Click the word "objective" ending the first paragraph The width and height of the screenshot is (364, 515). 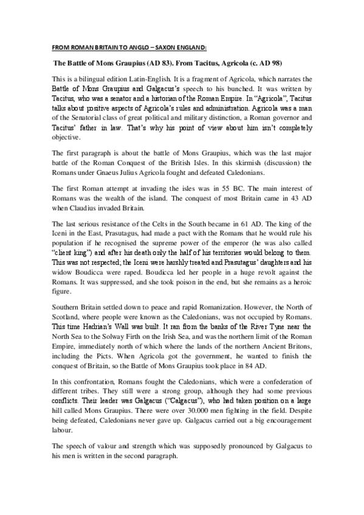(x=66, y=137)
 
